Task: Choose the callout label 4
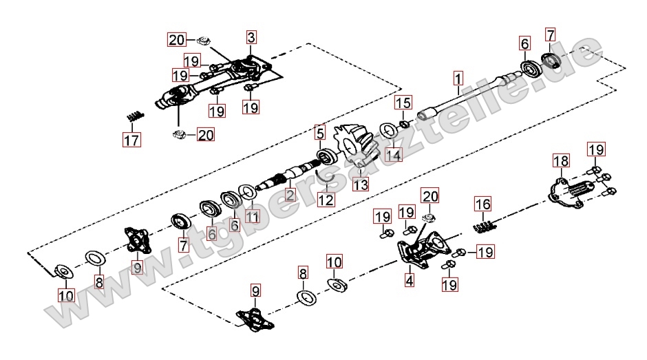pyautogui.click(x=410, y=280)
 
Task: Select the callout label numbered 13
pyautogui.click(x=361, y=184)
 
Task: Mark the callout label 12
pyautogui.click(x=326, y=200)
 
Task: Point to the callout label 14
pyautogui.click(x=392, y=156)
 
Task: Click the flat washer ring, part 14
pyautogui.click(x=388, y=130)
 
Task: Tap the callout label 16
pyautogui.click(x=483, y=204)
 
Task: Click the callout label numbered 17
pyautogui.click(x=131, y=141)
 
